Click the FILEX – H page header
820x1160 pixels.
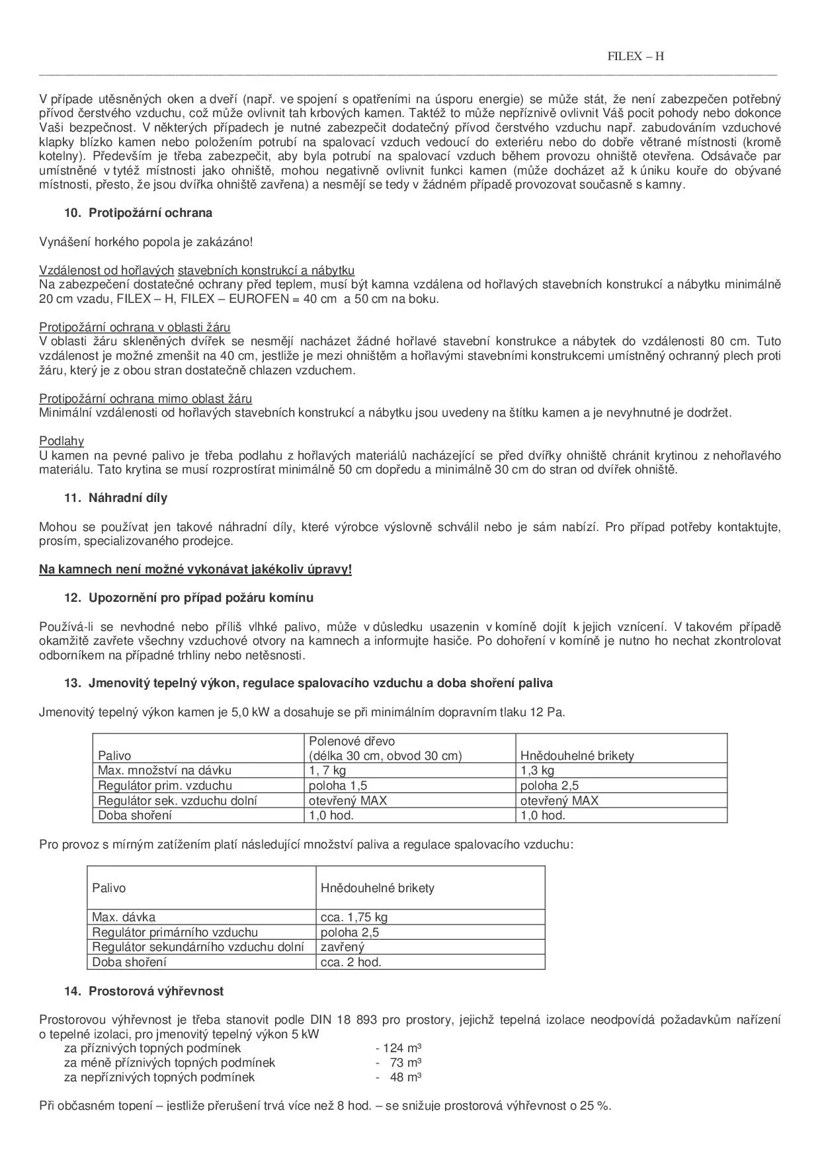tap(635, 56)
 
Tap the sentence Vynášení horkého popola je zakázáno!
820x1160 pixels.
tap(145, 242)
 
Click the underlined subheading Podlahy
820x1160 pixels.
tap(61, 441)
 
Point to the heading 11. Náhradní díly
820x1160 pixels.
tap(128, 498)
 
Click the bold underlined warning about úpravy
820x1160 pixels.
tap(195, 569)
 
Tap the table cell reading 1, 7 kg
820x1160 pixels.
tap(327, 770)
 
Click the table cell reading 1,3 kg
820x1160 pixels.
tap(537, 770)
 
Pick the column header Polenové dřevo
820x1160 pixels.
tap(352, 741)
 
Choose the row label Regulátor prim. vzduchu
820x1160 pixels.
tap(165, 786)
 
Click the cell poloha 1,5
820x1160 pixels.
tap(338, 786)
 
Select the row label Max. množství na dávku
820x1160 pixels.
tap(165, 770)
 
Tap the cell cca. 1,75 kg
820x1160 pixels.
tap(354, 917)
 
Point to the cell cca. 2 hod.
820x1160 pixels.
tap(351, 962)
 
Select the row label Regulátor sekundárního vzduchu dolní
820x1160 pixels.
tap(198, 947)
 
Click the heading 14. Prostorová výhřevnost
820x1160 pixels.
tap(156, 991)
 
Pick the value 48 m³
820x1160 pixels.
tap(405, 1077)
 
